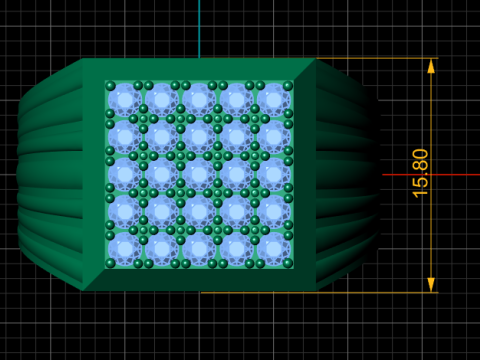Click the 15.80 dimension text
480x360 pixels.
(x=420, y=173)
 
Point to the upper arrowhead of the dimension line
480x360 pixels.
(x=431, y=66)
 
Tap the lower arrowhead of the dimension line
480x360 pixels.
(x=431, y=285)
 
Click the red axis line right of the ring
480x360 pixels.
(x=440, y=174)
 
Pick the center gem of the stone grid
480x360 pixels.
(x=199, y=174)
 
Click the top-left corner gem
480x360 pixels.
(x=124, y=99)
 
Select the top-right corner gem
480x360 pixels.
(x=273, y=99)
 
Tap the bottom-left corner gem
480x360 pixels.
(x=124, y=249)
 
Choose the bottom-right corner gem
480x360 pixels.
(x=273, y=249)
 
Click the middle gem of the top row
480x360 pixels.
(x=199, y=99)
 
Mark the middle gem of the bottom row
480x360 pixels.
(x=199, y=249)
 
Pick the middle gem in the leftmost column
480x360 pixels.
(x=124, y=174)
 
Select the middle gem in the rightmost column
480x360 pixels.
(x=273, y=174)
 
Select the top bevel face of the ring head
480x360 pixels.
(x=199, y=69)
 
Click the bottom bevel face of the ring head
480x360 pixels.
(x=199, y=279)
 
